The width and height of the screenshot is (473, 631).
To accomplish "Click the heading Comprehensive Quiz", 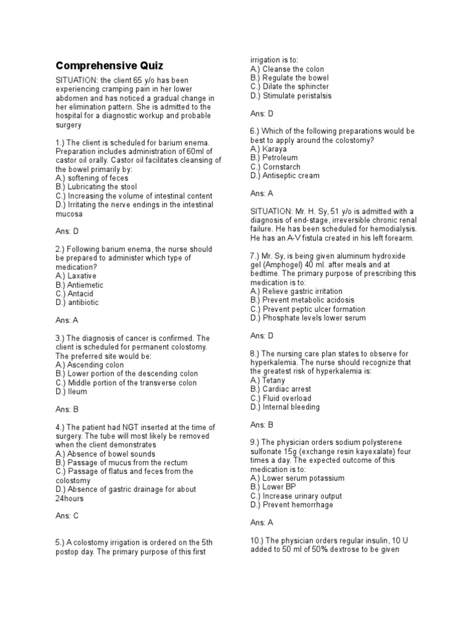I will (x=110, y=65).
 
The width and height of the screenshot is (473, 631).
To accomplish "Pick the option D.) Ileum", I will (x=71, y=391).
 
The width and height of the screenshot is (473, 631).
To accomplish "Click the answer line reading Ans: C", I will (x=67, y=516).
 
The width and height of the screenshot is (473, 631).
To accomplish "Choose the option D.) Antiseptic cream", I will (x=285, y=176).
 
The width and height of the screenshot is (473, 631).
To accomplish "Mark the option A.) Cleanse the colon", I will (x=287, y=69).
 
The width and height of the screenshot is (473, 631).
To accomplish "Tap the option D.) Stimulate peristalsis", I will (x=291, y=96).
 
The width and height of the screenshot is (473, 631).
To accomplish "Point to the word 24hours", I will (x=70, y=498).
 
